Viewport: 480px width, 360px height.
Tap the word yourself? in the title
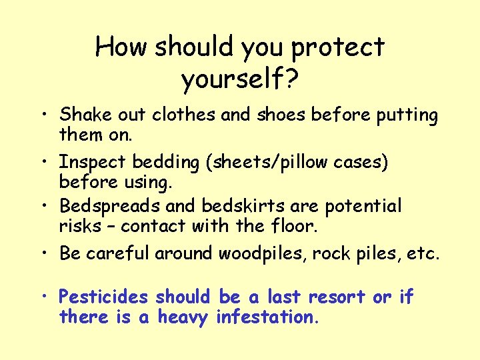[240, 80]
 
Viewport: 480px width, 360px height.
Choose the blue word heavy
[183, 317]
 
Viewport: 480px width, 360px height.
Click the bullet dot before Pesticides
[48, 297]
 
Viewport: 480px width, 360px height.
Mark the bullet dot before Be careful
[48, 254]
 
